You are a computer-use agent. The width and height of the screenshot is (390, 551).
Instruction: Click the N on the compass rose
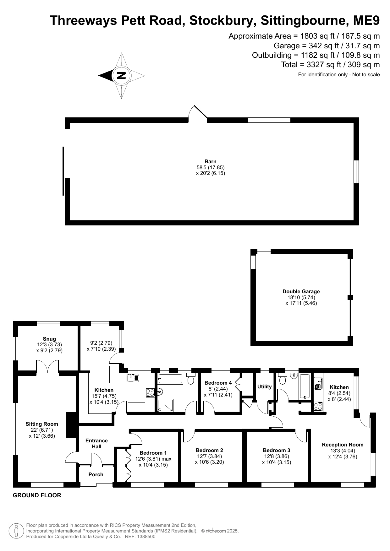[x=121, y=76]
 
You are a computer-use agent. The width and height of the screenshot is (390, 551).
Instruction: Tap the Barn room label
[x=211, y=162]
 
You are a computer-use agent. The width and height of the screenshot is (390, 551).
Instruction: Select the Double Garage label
[x=301, y=291]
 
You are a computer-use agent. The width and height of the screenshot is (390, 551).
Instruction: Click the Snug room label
[x=49, y=339]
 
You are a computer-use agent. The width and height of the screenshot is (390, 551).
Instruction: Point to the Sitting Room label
[x=42, y=424]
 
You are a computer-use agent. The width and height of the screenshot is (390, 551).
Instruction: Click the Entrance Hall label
[x=96, y=443]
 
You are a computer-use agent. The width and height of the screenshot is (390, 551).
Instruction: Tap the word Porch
[x=96, y=474]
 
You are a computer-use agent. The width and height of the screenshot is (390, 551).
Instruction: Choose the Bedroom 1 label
[x=153, y=453]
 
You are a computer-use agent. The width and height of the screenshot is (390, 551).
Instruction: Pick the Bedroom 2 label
[x=209, y=450]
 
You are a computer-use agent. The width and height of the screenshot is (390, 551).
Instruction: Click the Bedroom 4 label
[x=218, y=383]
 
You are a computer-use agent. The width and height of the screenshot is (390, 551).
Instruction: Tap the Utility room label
[x=264, y=386]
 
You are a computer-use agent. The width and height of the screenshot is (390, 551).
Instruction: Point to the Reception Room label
[x=343, y=445]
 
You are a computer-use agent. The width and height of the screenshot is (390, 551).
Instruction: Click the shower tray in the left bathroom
[x=165, y=405]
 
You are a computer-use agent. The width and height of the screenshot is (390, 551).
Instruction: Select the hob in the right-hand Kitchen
[x=318, y=406]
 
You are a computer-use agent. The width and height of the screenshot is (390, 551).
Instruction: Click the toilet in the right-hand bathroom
[x=282, y=379]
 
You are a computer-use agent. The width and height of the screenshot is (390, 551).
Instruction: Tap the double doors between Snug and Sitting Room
[x=48, y=367]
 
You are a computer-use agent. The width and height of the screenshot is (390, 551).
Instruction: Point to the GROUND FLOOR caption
[x=37, y=495]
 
